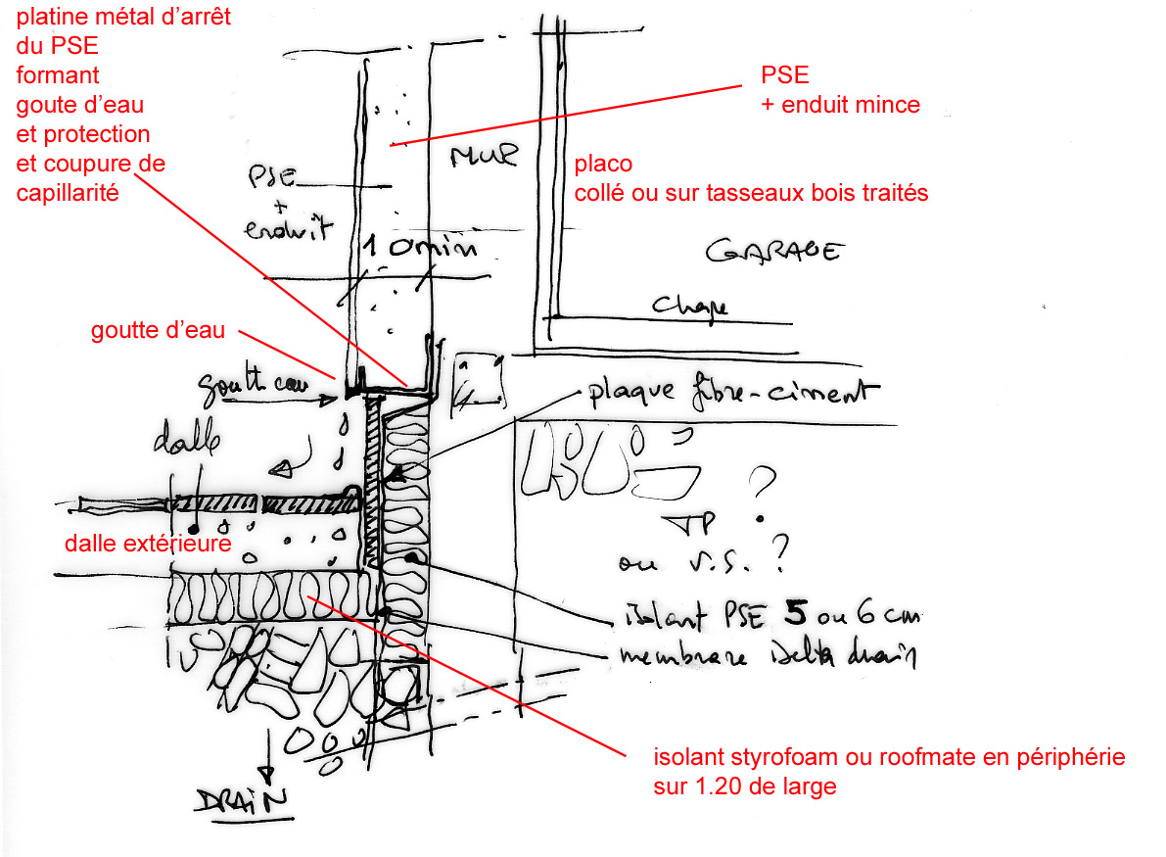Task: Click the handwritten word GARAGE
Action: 772,252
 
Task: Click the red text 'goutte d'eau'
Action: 158,331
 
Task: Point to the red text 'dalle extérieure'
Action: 148,543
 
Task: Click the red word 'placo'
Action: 603,164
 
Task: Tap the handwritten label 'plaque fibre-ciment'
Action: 727,393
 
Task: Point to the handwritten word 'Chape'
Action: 691,307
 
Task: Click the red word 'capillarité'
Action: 68,192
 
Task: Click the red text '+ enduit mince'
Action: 840,105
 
